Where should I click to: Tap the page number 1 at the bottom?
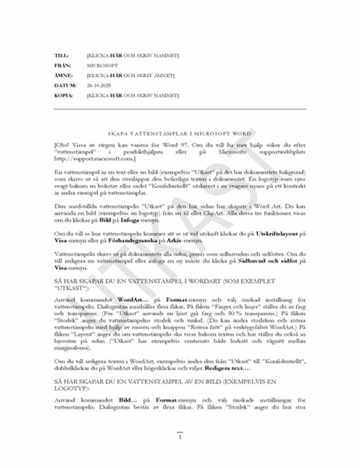180,437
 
